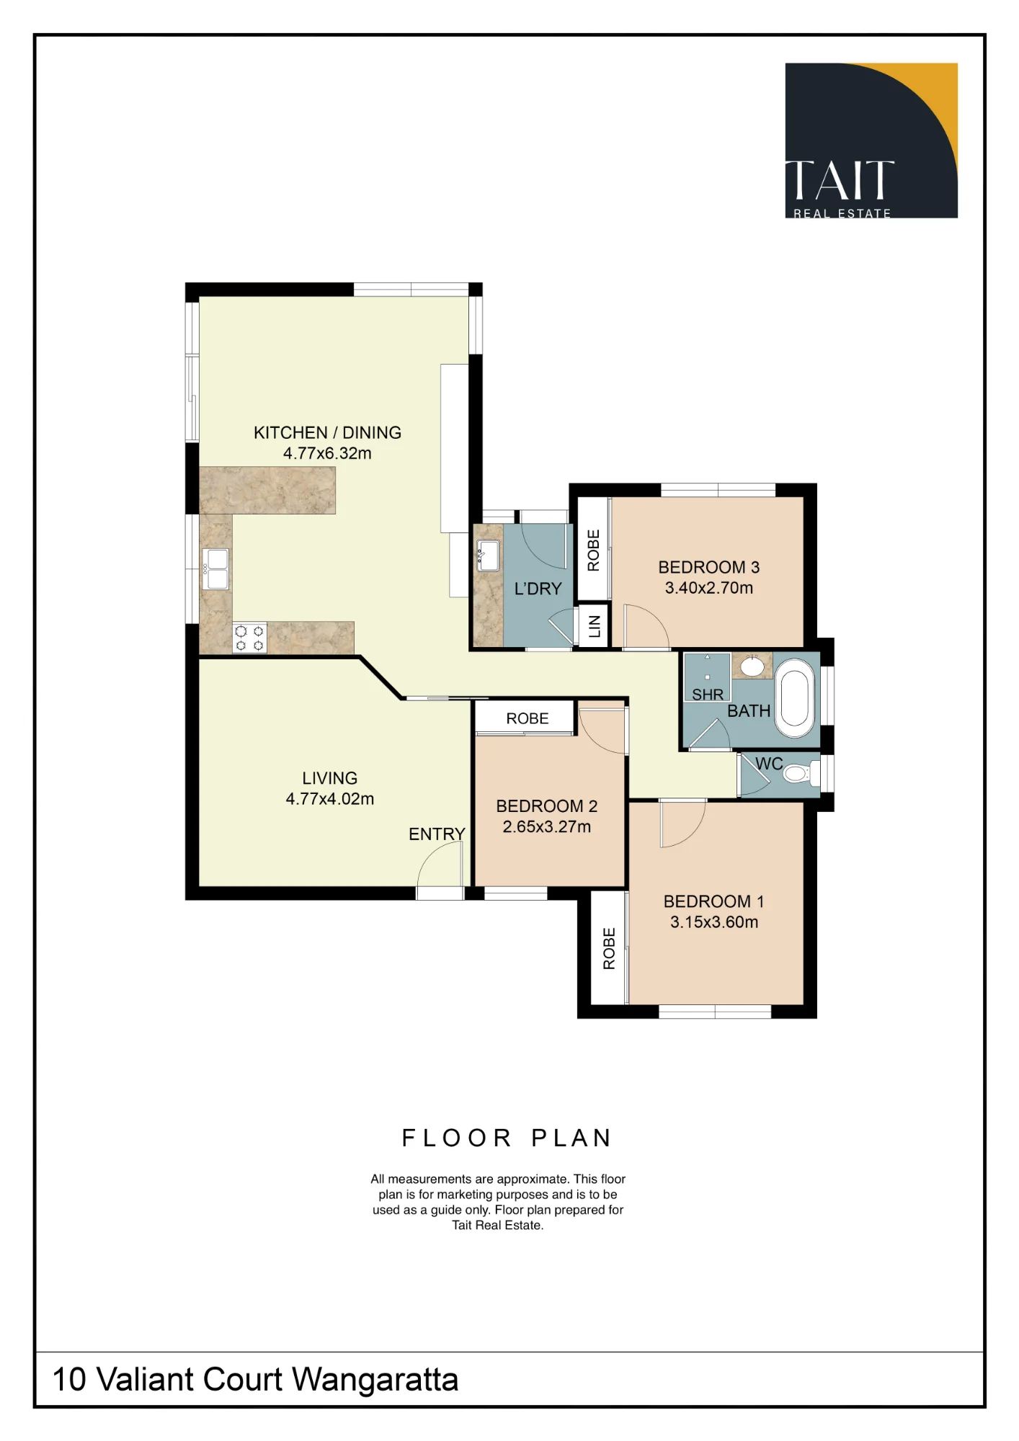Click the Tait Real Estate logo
tap(871, 140)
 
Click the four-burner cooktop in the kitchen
tap(249, 638)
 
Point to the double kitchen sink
tap(215, 569)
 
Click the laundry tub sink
tap(489, 556)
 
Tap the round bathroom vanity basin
tap(753, 666)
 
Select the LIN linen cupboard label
tap(595, 627)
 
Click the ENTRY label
tap(437, 834)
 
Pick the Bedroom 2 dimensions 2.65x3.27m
tap(547, 826)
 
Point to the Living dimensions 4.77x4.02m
tap(330, 798)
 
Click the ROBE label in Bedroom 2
tap(528, 718)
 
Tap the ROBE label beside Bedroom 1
tap(609, 948)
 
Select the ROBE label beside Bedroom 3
tap(593, 550)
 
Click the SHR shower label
tap(708, 695)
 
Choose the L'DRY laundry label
tap(538, 589)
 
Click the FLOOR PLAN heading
tap(507, 1138)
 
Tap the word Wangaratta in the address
tap(375, 1380)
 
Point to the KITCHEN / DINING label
tap(327, 432)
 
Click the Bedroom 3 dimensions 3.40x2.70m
tap(709, 587)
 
